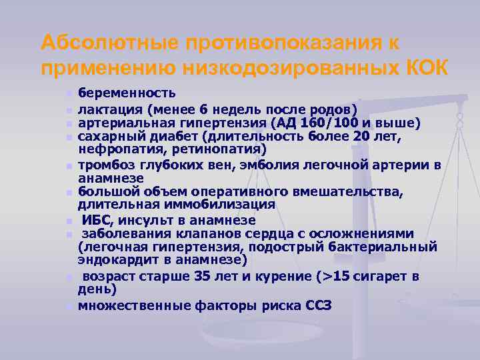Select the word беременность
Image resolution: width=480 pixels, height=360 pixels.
pos(127,93)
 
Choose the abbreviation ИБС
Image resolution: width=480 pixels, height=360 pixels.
pos(97,219)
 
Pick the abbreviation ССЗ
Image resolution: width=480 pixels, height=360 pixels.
pos(317,305)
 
